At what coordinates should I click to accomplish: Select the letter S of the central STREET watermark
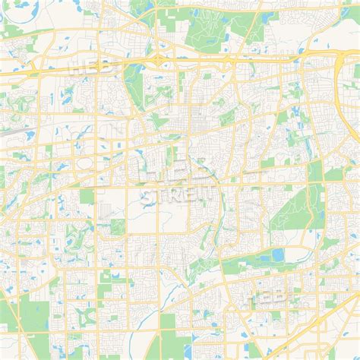pos(146,197)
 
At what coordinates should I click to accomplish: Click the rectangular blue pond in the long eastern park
pos(278,254)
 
